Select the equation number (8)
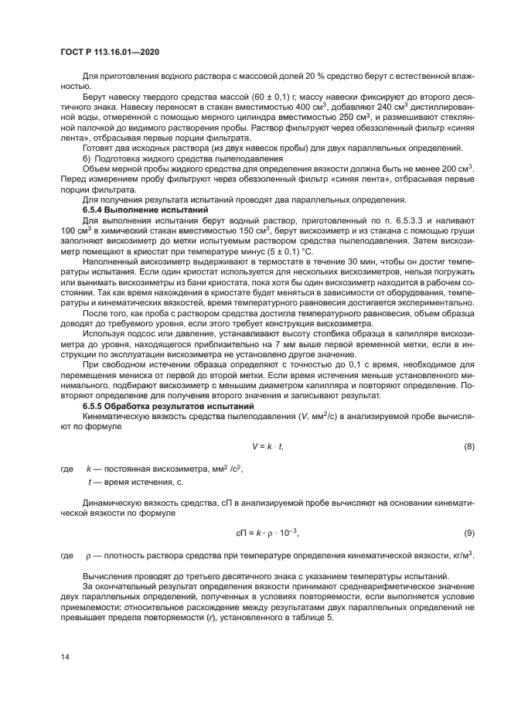click(468, 447)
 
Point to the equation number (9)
click(468, 533)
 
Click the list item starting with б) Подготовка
click(156, 157)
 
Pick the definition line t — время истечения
click(135, 482)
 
